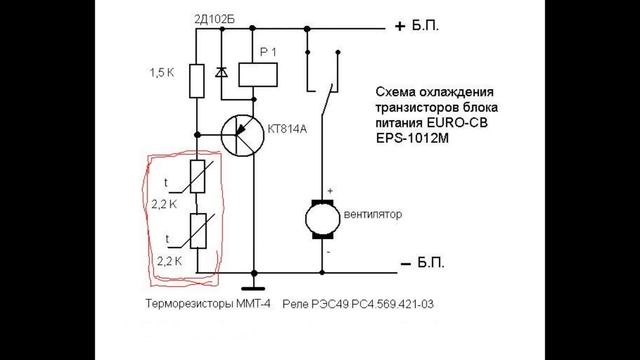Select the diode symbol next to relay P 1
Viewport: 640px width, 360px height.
tap(222, 73)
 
